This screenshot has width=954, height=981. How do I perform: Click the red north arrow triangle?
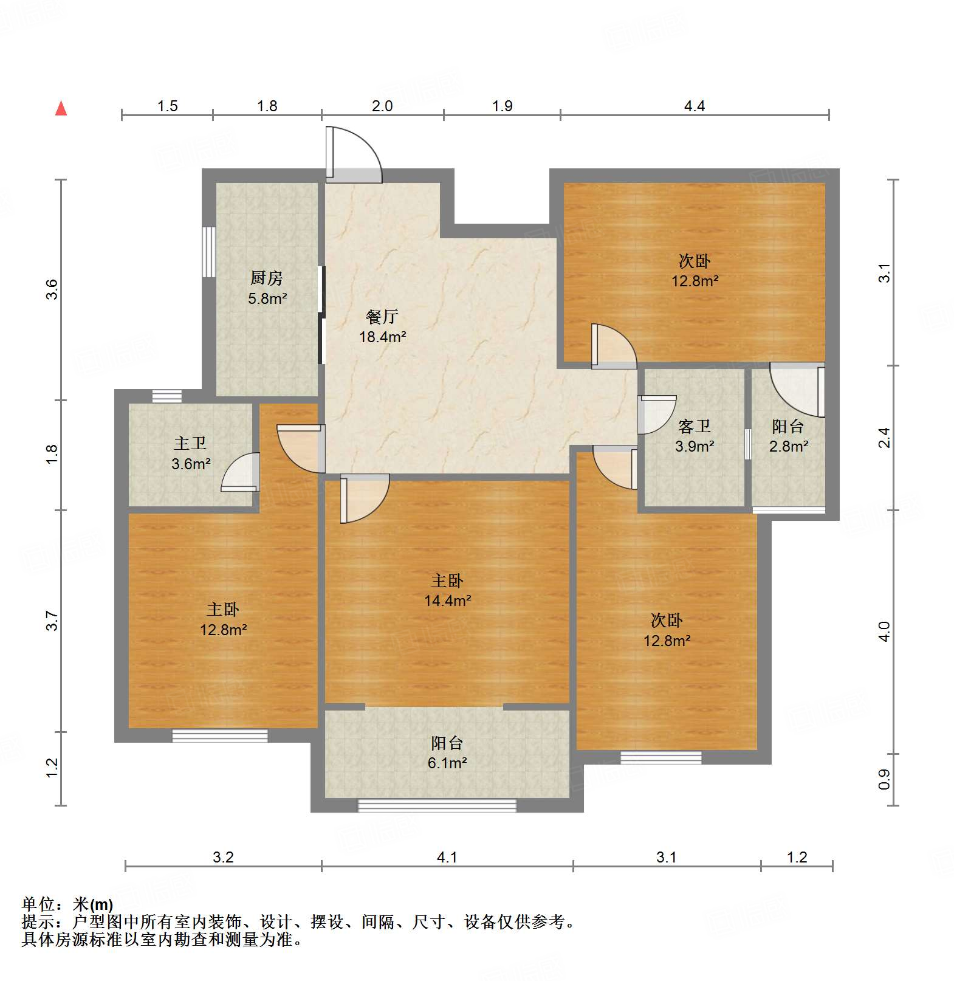coord(61,108)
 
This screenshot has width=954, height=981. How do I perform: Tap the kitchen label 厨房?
coord(267,278)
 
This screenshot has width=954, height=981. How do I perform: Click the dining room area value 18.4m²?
coord(382,337)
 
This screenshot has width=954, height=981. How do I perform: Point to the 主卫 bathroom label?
coord(190,444)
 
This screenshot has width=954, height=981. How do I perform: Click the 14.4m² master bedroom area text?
coord(448,601)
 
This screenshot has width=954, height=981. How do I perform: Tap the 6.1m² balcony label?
coord(447,763)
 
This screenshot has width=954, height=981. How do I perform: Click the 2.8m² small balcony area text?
coord(788,446)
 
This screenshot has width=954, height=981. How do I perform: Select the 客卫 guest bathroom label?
coord(694,426)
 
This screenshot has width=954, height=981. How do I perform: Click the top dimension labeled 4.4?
coord(694,106)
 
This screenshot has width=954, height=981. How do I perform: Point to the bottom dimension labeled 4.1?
coord(447,857)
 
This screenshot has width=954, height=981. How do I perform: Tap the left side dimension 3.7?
coord(52,621)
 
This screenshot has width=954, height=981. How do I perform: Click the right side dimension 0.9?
coord(885,779)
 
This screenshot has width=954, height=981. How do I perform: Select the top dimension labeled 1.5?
coord(167,106)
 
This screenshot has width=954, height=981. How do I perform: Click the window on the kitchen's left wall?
coord(209,252)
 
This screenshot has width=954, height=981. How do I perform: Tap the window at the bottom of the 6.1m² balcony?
coord(437,805)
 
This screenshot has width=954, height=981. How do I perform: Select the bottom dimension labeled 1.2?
coord(797,857)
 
